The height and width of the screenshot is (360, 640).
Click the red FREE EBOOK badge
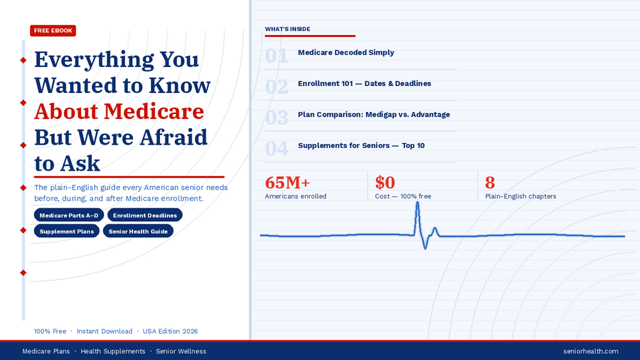[x=53, y=31]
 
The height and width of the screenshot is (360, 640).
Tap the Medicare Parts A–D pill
[x=69, y=215]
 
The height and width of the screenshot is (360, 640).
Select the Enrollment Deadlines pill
[x=145, y=215]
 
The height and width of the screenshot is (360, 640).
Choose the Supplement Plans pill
[x=66, y=231]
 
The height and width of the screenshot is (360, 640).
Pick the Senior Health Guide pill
[x=138, y=231]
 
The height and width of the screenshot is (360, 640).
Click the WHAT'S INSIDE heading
[x=287, y=29]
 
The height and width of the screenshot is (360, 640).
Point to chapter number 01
[x=276, y=55]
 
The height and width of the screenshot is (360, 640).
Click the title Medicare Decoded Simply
[x=346, y=52]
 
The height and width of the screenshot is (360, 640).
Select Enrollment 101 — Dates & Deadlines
[x=364, y=83]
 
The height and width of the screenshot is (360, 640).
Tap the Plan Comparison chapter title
[x=374, y=114]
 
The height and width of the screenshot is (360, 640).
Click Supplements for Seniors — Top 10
[x=361, y=145]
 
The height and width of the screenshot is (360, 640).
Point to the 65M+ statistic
[x=287, y=182]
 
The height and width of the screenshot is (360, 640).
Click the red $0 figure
[x=385, y=182]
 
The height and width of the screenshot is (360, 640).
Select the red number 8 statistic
[x=490, y=182]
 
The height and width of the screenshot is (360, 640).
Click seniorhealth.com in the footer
[x=590, y=351]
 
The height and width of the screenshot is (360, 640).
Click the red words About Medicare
[x=119, y=111]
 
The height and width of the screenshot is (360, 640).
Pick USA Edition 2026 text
[x=170, y=331]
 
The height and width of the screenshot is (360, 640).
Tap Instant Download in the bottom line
[x=104, y=331]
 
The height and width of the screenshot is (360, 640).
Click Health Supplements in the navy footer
[x=113, y=351]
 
